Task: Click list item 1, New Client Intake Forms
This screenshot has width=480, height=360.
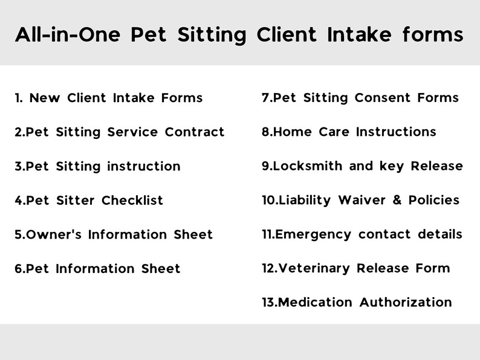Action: pos(109,98)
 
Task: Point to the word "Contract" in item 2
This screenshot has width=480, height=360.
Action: pos(194,132)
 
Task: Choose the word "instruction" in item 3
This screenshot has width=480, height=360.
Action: pos(143,166)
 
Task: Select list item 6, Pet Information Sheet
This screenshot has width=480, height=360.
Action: pos(97,269)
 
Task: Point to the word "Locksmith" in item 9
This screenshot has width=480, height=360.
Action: pos(308,166)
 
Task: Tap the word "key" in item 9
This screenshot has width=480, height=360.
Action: pos(392,167)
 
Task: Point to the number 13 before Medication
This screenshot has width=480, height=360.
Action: pos(269,302)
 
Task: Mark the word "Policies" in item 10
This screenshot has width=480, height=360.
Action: pos(433,200)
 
